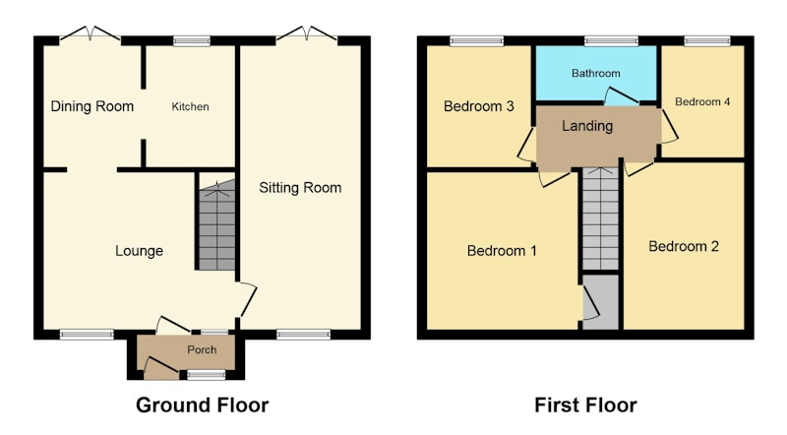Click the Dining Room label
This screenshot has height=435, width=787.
click(92, 106)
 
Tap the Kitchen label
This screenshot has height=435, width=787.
click(190, 106)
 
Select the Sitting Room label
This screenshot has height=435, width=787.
click(300, 188)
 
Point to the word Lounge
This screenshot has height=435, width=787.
click(139, 251)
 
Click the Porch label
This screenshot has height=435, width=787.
click(202, 349)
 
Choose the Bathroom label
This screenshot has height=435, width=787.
click(596, 74)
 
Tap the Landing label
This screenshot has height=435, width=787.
click(587, 126)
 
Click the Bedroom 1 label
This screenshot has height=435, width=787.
click(502, 250)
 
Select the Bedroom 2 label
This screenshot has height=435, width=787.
click(684, 246)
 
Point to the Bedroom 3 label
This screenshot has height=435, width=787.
click(479, 106)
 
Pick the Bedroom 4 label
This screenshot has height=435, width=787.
click(702, 102)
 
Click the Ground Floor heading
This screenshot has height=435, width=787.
click(203, 404)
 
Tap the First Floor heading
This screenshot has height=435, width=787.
click(585, 404)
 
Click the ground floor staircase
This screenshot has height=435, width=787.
click(216, 225)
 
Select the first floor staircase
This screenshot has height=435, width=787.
click(600, 219)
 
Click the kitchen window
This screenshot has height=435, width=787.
click(192, 41)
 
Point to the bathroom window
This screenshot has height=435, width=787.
click(611, 41)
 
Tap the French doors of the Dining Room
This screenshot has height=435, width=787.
click(90, 33)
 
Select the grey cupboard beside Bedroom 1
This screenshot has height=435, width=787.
click(601, 302)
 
